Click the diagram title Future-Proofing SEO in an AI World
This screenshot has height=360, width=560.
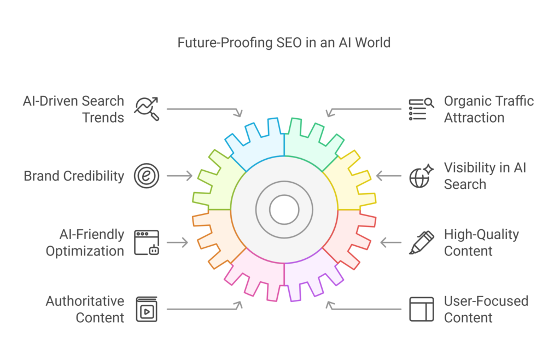point(284,43)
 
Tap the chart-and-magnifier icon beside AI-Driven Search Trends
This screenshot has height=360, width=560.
point(147,108)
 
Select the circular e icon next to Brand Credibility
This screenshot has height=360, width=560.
point(147,176)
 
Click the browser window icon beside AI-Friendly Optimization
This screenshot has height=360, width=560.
point(147,242)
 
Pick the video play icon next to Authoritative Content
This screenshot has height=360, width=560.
point(147,309)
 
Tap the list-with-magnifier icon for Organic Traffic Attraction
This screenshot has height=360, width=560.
point(422,109)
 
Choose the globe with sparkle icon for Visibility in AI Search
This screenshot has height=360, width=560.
point(422,176)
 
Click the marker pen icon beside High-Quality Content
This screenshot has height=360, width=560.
point(422,242)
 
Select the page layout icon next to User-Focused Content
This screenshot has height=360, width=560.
point(422,309)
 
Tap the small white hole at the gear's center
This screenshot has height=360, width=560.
point(284,210)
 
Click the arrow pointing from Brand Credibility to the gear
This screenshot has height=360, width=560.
point(179,176)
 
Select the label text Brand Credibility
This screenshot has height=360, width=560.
point(74,176)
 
